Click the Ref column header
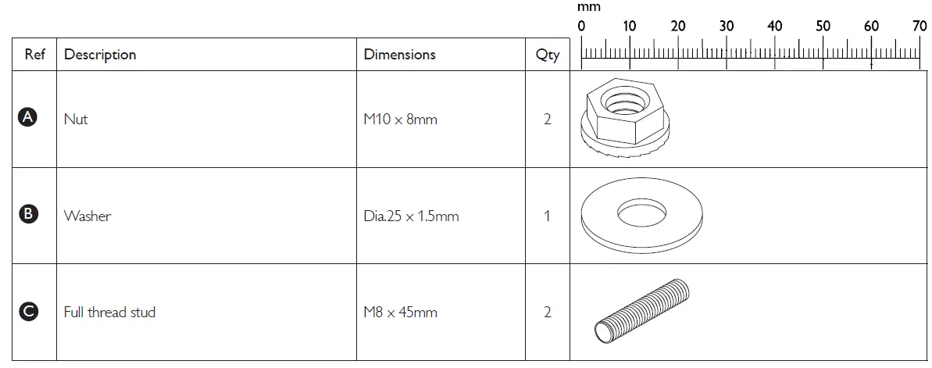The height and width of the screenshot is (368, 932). coord(34,55)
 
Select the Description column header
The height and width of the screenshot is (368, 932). coord(100,55)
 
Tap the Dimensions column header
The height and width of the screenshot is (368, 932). coord(399,55)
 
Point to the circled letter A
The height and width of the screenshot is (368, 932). coord(28,118)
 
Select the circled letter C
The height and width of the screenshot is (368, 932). coord(28,312)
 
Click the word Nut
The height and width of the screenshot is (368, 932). coord(76,120)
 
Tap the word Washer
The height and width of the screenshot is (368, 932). coord(87,216)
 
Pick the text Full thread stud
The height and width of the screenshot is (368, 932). coord(109,313)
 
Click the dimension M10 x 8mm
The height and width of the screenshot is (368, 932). coord(400,120)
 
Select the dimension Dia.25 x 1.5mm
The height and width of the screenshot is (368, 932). coord(411,216)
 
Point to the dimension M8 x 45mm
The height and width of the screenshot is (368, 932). coord(400,313)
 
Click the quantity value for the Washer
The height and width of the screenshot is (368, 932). coord(547,216)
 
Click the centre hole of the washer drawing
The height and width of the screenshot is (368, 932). coord(641,210)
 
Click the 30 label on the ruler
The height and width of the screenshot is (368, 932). coord(727,27)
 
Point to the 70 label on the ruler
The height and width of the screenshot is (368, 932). coord(920,27)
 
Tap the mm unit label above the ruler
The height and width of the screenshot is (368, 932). coord(588,7)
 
